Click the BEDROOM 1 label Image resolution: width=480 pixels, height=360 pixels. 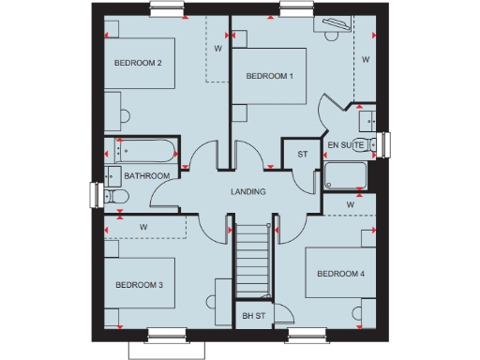coord(270,76)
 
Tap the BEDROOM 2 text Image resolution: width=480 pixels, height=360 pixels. coord(139,63)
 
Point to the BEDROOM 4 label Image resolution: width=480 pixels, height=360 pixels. coord(340,274)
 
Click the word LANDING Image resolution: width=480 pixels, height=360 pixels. coord(248,191)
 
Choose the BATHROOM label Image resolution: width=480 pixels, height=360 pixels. coord(147,175)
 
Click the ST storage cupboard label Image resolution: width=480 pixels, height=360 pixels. coord(302,154)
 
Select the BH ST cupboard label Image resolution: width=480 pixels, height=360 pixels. coord(253,316)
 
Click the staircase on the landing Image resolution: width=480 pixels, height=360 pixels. coord(252,260)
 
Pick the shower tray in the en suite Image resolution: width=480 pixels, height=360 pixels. coord(347,176)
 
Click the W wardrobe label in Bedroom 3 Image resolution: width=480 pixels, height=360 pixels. coord(143,227)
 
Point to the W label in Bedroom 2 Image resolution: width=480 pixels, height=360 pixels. coord(217,47)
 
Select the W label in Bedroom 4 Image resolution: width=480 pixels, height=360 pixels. coord(350,203)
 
